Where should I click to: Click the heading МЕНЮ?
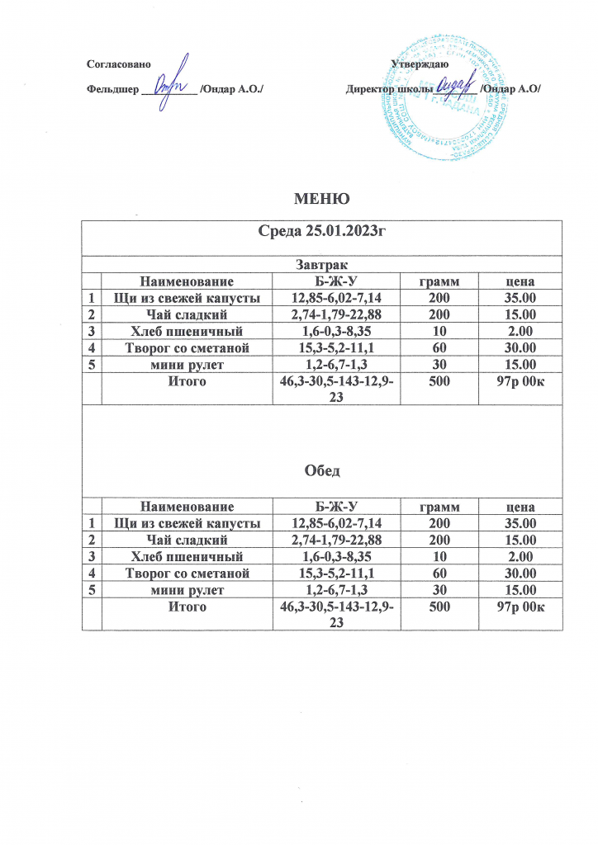point(321,198)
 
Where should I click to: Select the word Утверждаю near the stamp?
point(420,64)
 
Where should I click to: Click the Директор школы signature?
point(458,84)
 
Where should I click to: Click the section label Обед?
point(321,470)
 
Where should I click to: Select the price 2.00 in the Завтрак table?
point(520,331)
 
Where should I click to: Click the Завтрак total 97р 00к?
point(520,382)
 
